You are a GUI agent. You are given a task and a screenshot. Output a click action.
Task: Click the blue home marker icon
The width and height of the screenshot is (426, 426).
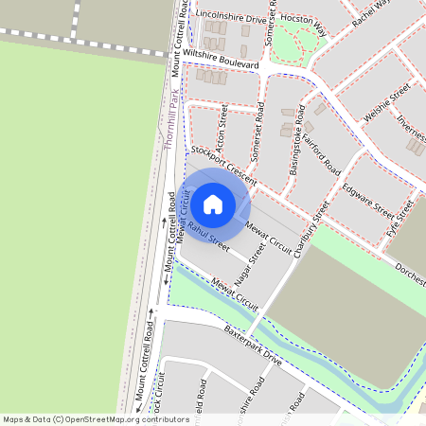click(213, 204)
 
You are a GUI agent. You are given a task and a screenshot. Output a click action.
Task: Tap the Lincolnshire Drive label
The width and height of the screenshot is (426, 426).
click(231, 17)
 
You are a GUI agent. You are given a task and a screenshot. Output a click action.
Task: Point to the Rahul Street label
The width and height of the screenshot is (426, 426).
click(208, 237)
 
